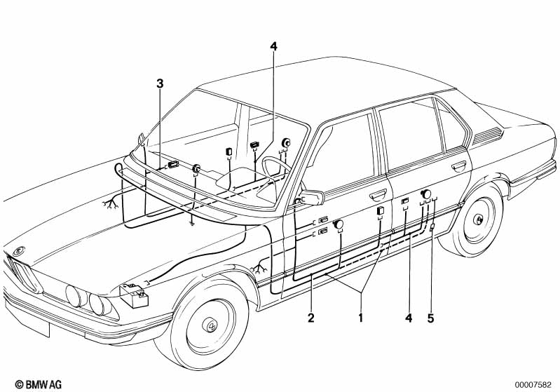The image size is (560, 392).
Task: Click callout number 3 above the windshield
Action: click(160, 83)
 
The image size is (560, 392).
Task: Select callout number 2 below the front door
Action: click(311, 317)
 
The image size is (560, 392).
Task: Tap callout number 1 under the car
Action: click(361, 317)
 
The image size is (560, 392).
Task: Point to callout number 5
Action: click(431, 318)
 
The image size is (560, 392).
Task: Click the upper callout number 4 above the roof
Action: click(273, 46)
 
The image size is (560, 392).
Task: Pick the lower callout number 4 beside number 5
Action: click(409, 318)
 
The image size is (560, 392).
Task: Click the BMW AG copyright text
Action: click(39, 384)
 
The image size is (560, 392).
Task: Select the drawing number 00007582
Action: click(533, 385)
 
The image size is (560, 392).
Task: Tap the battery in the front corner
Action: click(134, 295)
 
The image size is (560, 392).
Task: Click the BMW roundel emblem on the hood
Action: click(18, 251)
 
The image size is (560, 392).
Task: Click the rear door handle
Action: click(458, 165)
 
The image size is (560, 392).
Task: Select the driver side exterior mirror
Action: click(312, 198)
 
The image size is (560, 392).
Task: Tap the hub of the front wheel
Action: click(210, 325)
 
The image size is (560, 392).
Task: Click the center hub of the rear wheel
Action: click(477, 219)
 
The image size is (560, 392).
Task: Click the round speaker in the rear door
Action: click(425, 194)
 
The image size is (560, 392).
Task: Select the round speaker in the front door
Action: click(338, 225)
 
